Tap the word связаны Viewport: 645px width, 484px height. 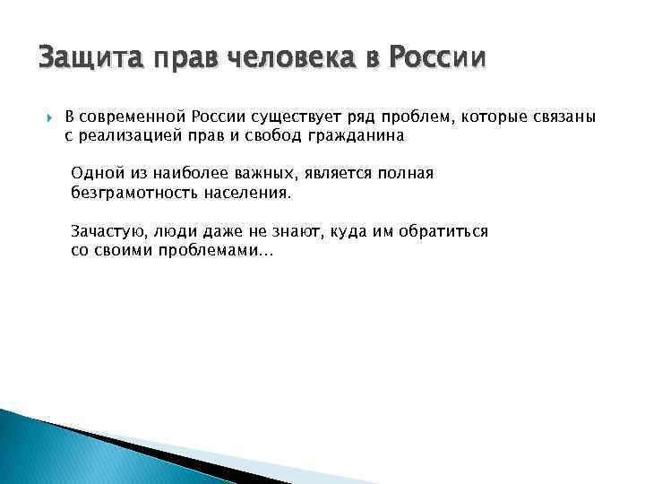tap(563, 118)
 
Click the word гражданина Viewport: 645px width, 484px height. tap(354, 136)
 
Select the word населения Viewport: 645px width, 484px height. tap(254, 193)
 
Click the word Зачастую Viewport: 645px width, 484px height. tap(108, 231)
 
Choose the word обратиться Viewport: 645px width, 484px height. tap(442, 231)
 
